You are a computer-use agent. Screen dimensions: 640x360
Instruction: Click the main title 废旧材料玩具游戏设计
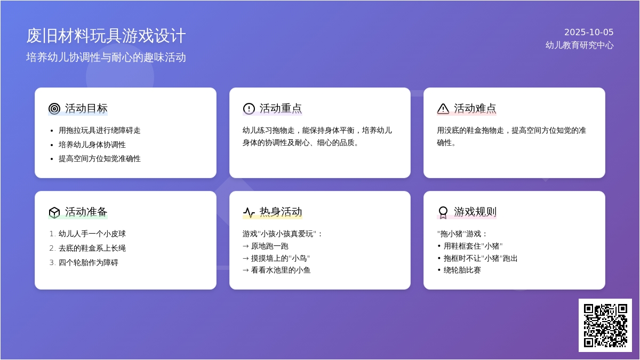pyautogui.click(x=106, y=36)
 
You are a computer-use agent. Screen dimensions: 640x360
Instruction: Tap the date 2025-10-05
pyautogui.click(x=589, y=33)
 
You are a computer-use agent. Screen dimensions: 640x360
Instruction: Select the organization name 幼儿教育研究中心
pyautogui.click(x=579, y=45)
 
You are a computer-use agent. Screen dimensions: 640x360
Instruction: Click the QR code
pyautogui.click(x=605, y=325)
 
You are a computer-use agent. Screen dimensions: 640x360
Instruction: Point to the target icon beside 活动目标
pyautogui.click(x=54, y=109)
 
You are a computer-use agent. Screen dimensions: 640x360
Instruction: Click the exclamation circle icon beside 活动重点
pyautogui.click(x=249, y=109)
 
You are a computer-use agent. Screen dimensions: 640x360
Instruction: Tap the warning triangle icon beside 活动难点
pyautogui.click(x=443, y=109)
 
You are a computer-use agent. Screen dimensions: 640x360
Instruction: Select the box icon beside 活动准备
pyautogui.click(x=54, y=212)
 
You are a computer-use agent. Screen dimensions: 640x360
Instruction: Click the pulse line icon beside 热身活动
pyautogui.click(x=249, y=212)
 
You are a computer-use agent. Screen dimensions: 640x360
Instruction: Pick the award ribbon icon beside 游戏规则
pyautogui.click(x=443, y=212)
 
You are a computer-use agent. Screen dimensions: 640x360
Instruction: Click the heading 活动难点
pyautogui.click(x=475, y=109)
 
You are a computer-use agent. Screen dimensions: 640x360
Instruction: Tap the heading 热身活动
pyautogui.click(x=281, y=212)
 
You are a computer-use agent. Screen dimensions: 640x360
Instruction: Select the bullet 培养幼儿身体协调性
pyautogui.click(x=92, y=145)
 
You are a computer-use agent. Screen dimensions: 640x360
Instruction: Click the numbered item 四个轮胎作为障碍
pyautogui.click(x=89, y=262)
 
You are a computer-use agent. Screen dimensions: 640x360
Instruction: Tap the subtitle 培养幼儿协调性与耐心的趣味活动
pyautogui.click(x=106, y=58)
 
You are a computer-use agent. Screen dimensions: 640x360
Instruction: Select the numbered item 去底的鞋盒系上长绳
pyautogui.click(x=92, y=248)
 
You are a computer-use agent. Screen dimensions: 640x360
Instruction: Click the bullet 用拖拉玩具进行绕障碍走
pyautogui.click(x=99, y=130)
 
